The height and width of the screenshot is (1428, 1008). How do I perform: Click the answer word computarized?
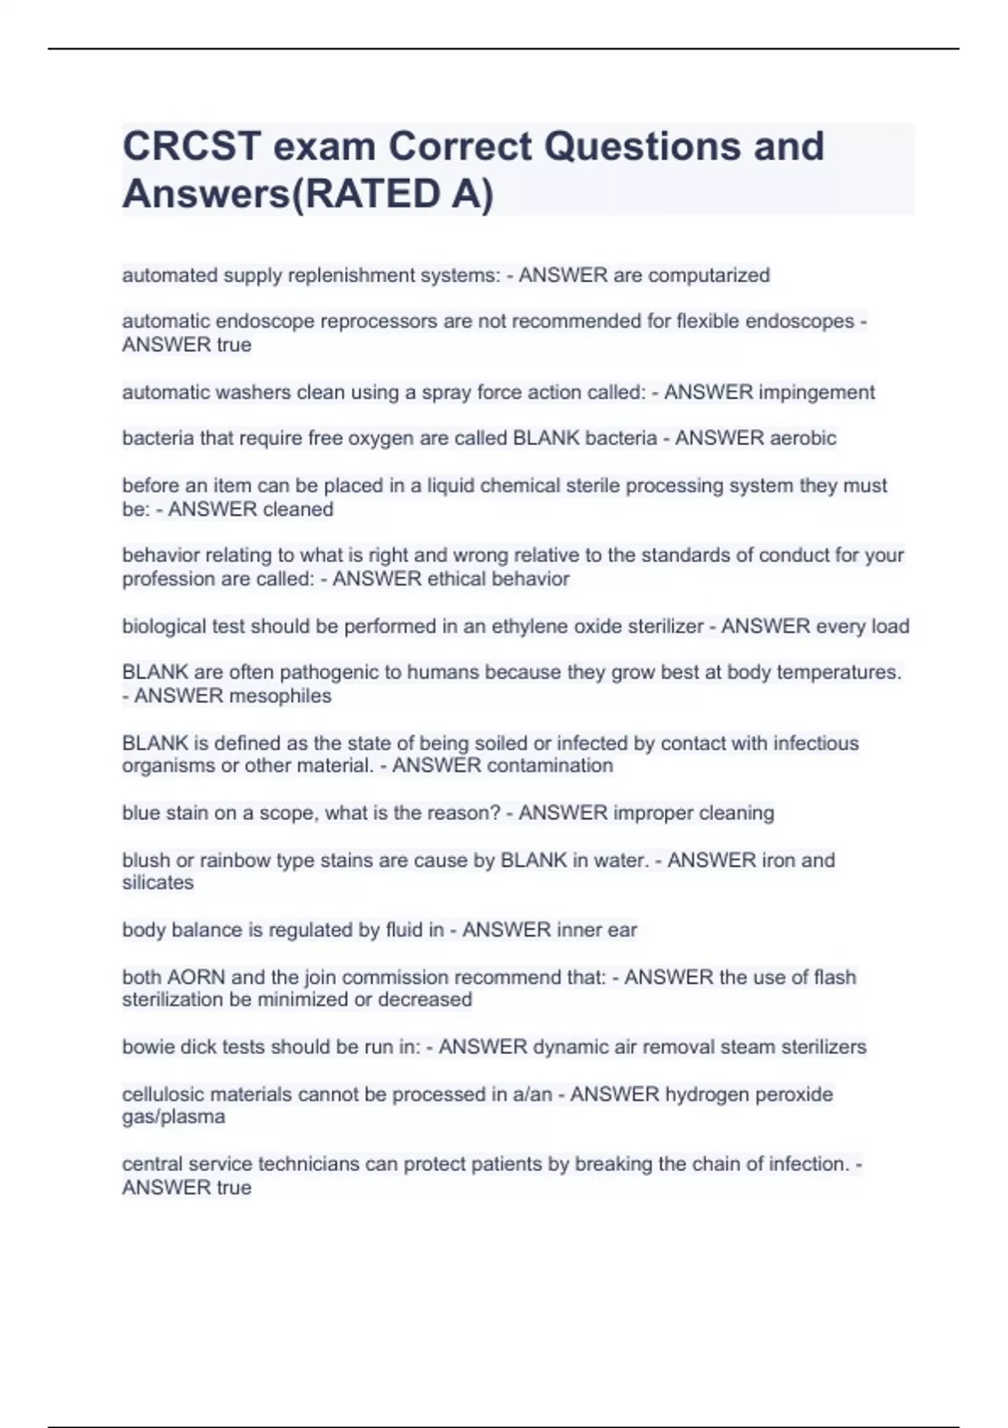click(709, 276)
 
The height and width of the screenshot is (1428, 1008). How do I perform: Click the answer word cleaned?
click(298, 509)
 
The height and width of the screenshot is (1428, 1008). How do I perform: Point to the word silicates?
click(158, 883)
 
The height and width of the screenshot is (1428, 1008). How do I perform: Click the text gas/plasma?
click(174, 1117)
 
